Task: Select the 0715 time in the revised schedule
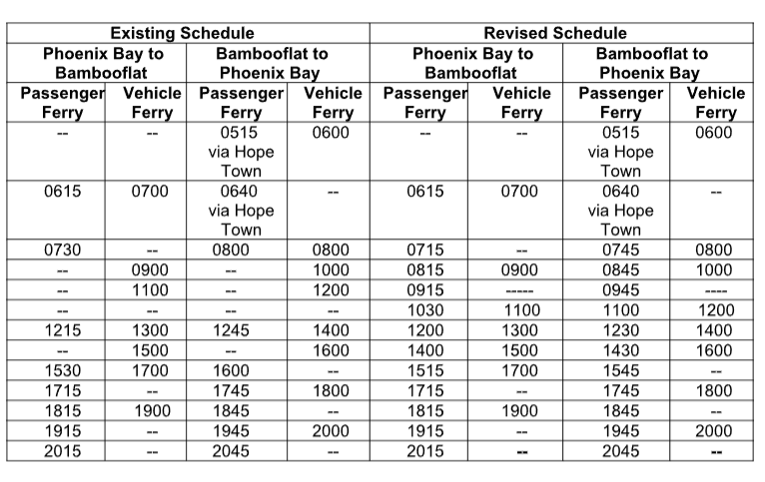pos(425,249)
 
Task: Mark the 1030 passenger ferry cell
pos(425,310)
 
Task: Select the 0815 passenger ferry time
pos(425,269)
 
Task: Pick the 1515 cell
pos(425,370)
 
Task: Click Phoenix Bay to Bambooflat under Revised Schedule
pos(472,63)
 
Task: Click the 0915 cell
pos(425,290)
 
